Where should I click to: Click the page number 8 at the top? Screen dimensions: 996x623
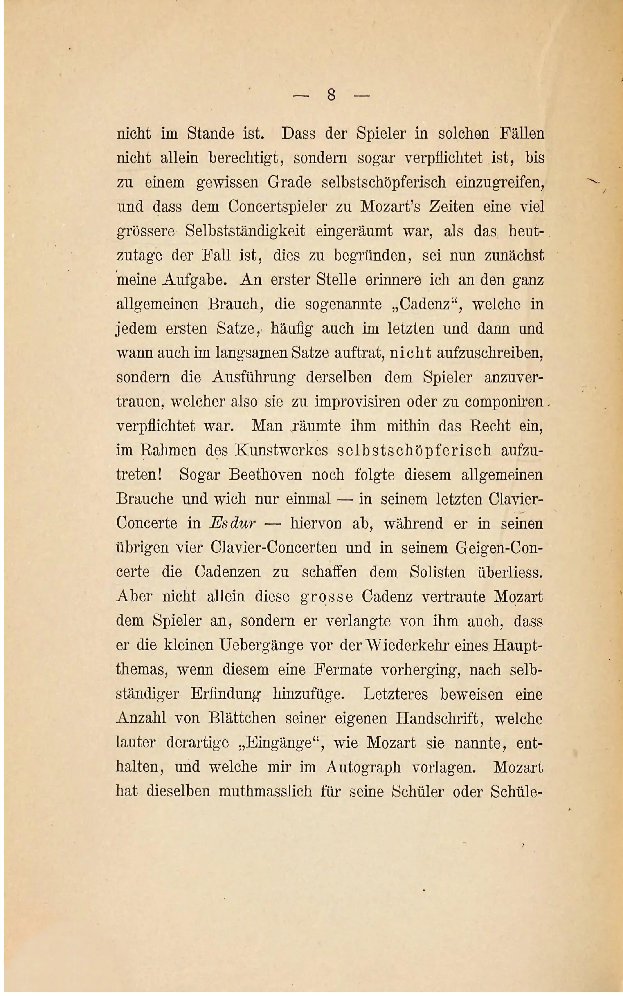pyautogui.click(x=331, y=96)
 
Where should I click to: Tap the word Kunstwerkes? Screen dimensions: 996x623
pyautogui.click(x=281, y=451)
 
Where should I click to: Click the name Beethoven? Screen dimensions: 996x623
pyautogui.click(x=265, y=475)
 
